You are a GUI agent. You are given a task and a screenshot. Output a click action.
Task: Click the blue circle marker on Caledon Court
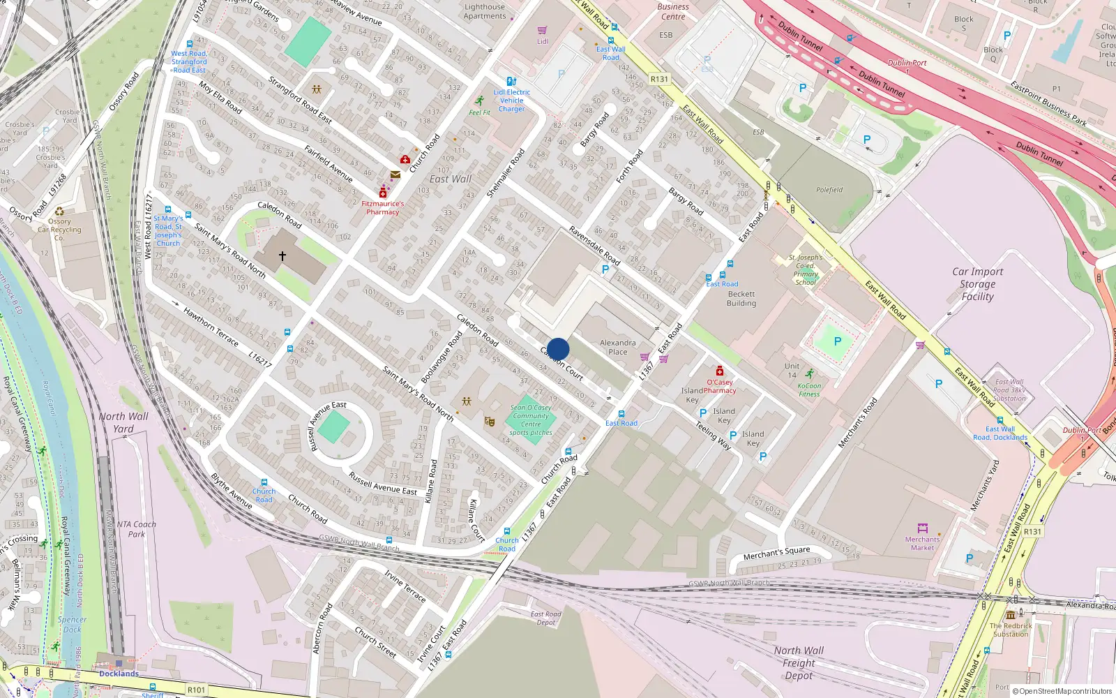(x=558, y=349)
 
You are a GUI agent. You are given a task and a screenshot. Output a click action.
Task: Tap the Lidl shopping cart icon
(x=543, y=31)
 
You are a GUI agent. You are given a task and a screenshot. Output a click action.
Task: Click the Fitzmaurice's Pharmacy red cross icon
(x=383, y=193)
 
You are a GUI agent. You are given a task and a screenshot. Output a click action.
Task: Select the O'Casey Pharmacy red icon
(x=720, y=371)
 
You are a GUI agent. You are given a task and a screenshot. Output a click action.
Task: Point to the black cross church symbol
(x=282, y=256)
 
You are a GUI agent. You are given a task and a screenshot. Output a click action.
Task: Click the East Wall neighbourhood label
(x=451, y=179)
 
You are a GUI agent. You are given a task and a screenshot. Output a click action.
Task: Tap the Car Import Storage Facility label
(x=977, y=284)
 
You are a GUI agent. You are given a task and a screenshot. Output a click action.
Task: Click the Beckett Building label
(x=741, y=299)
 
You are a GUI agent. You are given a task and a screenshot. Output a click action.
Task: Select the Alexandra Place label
(x=617, y=347)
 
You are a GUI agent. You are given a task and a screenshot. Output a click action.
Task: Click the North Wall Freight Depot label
(x=799, y=662)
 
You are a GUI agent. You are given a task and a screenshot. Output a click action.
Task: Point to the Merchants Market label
(x=922, y=543)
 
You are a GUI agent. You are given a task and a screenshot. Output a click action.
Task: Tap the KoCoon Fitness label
(x=809, y=389)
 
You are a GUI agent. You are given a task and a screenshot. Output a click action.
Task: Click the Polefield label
(x=829, y=190)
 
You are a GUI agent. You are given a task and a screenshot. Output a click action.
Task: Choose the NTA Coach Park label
(x=136, y=529)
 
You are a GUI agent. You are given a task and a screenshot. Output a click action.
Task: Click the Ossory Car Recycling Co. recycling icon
(x=60, y=211)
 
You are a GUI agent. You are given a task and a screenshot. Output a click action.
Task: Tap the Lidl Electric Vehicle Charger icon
(x=511, y=82)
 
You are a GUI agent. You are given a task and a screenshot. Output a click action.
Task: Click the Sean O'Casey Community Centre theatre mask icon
(x=490, y=421)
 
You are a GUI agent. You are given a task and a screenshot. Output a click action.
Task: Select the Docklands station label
(x=119, y=674)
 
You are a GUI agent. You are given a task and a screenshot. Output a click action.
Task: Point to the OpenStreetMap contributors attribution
(x=1062, y=691)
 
